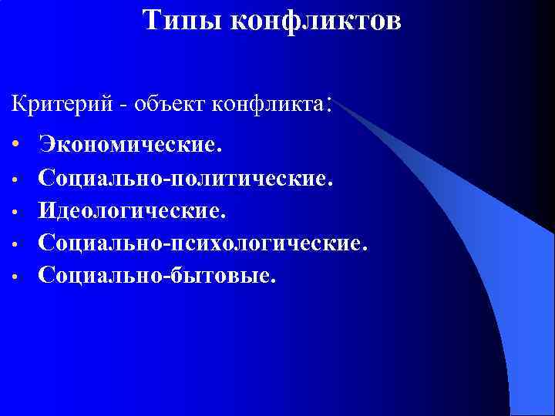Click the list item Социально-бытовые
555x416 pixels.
pos(156,274)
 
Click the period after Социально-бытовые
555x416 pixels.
pos(271,281)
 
